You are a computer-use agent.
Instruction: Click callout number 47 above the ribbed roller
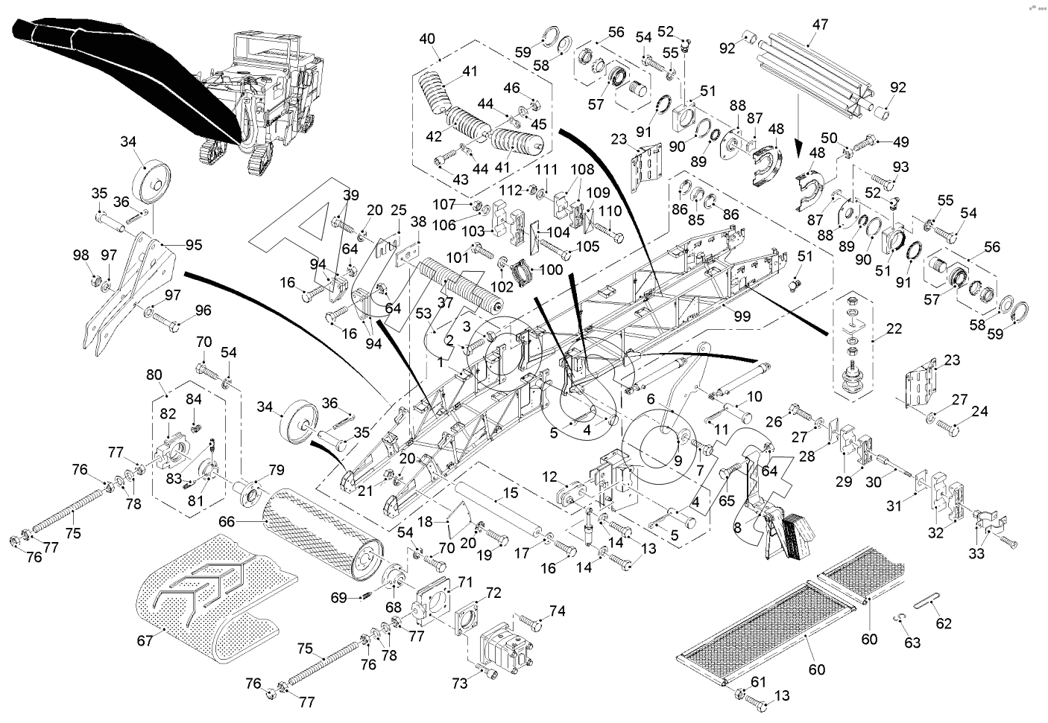pos(820,24)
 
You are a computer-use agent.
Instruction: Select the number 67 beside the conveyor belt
pos(145,640)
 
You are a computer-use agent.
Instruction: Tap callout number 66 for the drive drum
pos(227,521)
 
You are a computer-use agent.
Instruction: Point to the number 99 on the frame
pos(742,316)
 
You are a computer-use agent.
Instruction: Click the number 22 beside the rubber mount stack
pos(894,328)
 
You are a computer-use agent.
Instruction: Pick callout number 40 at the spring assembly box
pos(427,39)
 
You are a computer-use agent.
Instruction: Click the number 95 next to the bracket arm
pos(194,245)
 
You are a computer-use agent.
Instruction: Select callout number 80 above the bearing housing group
pos(154,375)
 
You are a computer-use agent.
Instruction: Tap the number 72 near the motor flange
pos(493,593)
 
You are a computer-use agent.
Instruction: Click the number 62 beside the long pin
pos(944,623)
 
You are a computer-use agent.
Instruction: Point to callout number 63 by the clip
pos(912,643)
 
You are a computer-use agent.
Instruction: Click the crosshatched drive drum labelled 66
pos(323,535)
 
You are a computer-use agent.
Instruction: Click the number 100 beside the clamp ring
pos(551,270)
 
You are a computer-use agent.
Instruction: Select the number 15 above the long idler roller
pos(511,493)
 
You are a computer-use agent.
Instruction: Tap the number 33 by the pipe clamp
pos(976,553)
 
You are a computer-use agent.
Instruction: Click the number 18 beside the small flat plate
pos(424,521)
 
